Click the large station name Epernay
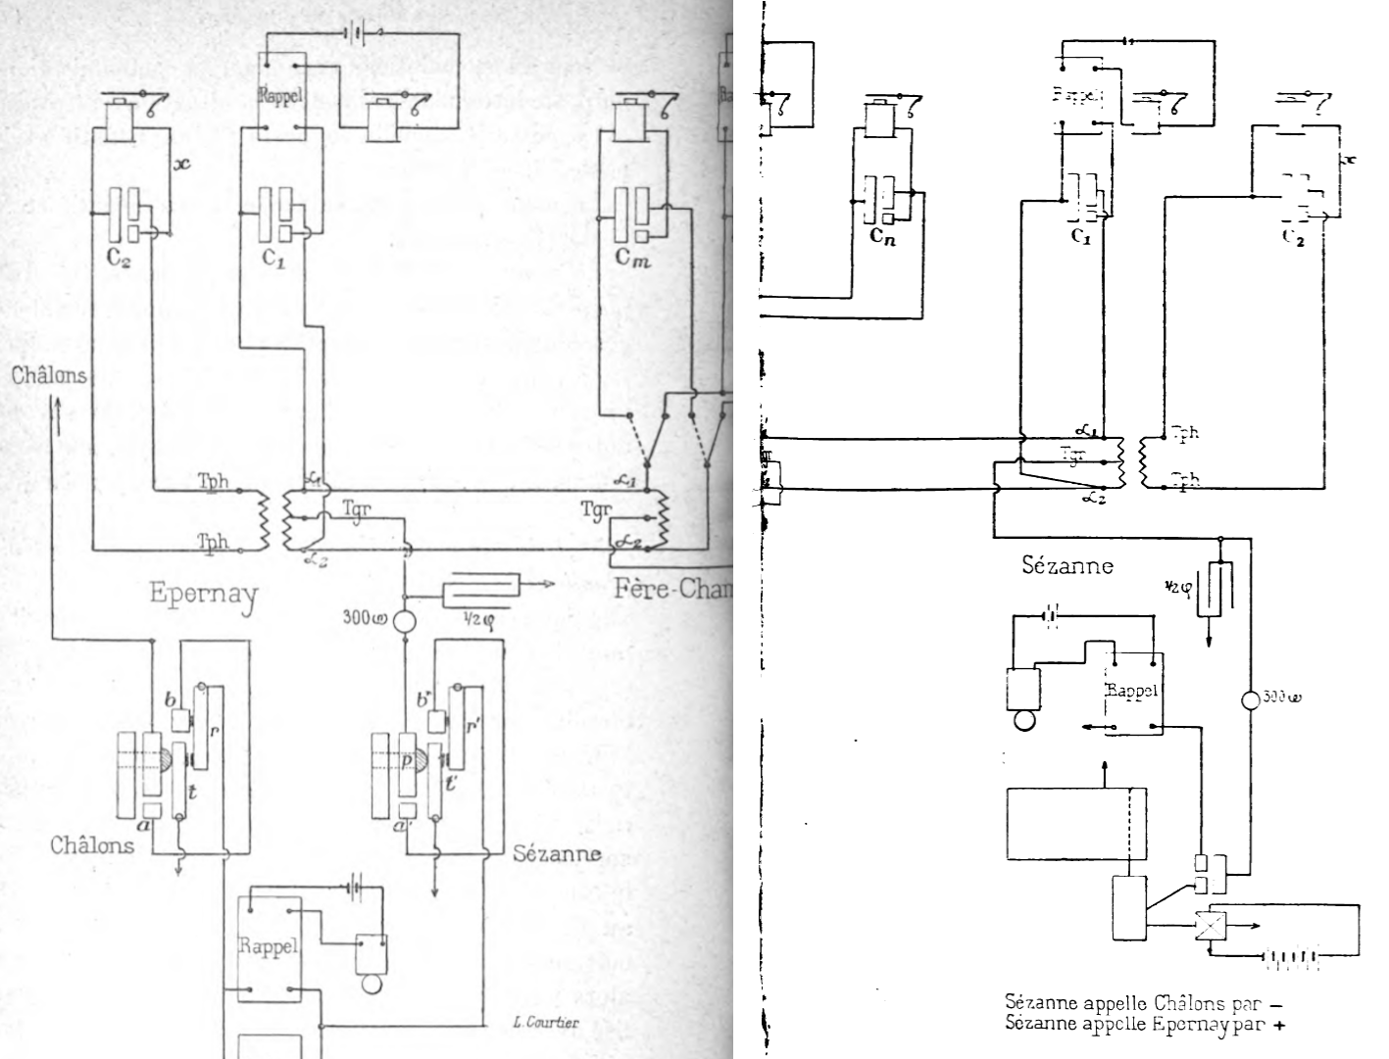(x=203, y=594)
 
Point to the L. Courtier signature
(x=545, y=1023)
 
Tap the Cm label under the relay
(x=633, y=259)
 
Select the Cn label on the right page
(x=882, y=236)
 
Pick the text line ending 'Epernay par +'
(x=1145, y=1025)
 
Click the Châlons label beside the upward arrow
(x=49, y=375)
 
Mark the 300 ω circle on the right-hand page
(x=1250, y=701)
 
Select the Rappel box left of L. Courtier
(x=269, y=946)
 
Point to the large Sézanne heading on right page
(x=1067, y=566)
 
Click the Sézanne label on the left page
(x=557, y=853)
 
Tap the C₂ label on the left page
(x=120, y=260)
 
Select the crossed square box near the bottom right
(x=1211, y=926)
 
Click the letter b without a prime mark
(x=170, y=699)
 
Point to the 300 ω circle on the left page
(x=405, y=622)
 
